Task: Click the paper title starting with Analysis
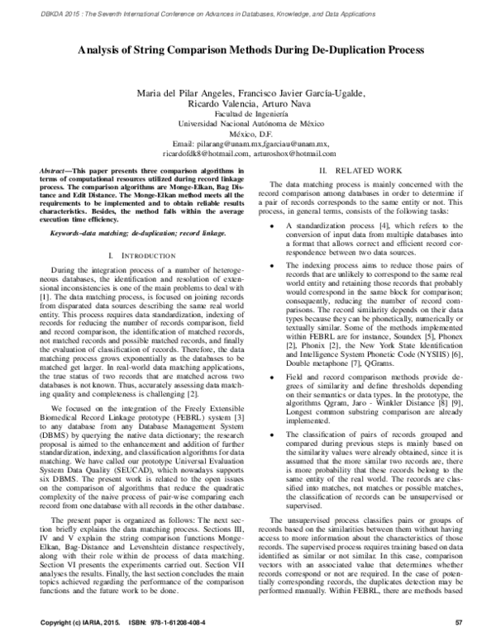coord(248,50)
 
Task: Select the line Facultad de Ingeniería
coord(248,113)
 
